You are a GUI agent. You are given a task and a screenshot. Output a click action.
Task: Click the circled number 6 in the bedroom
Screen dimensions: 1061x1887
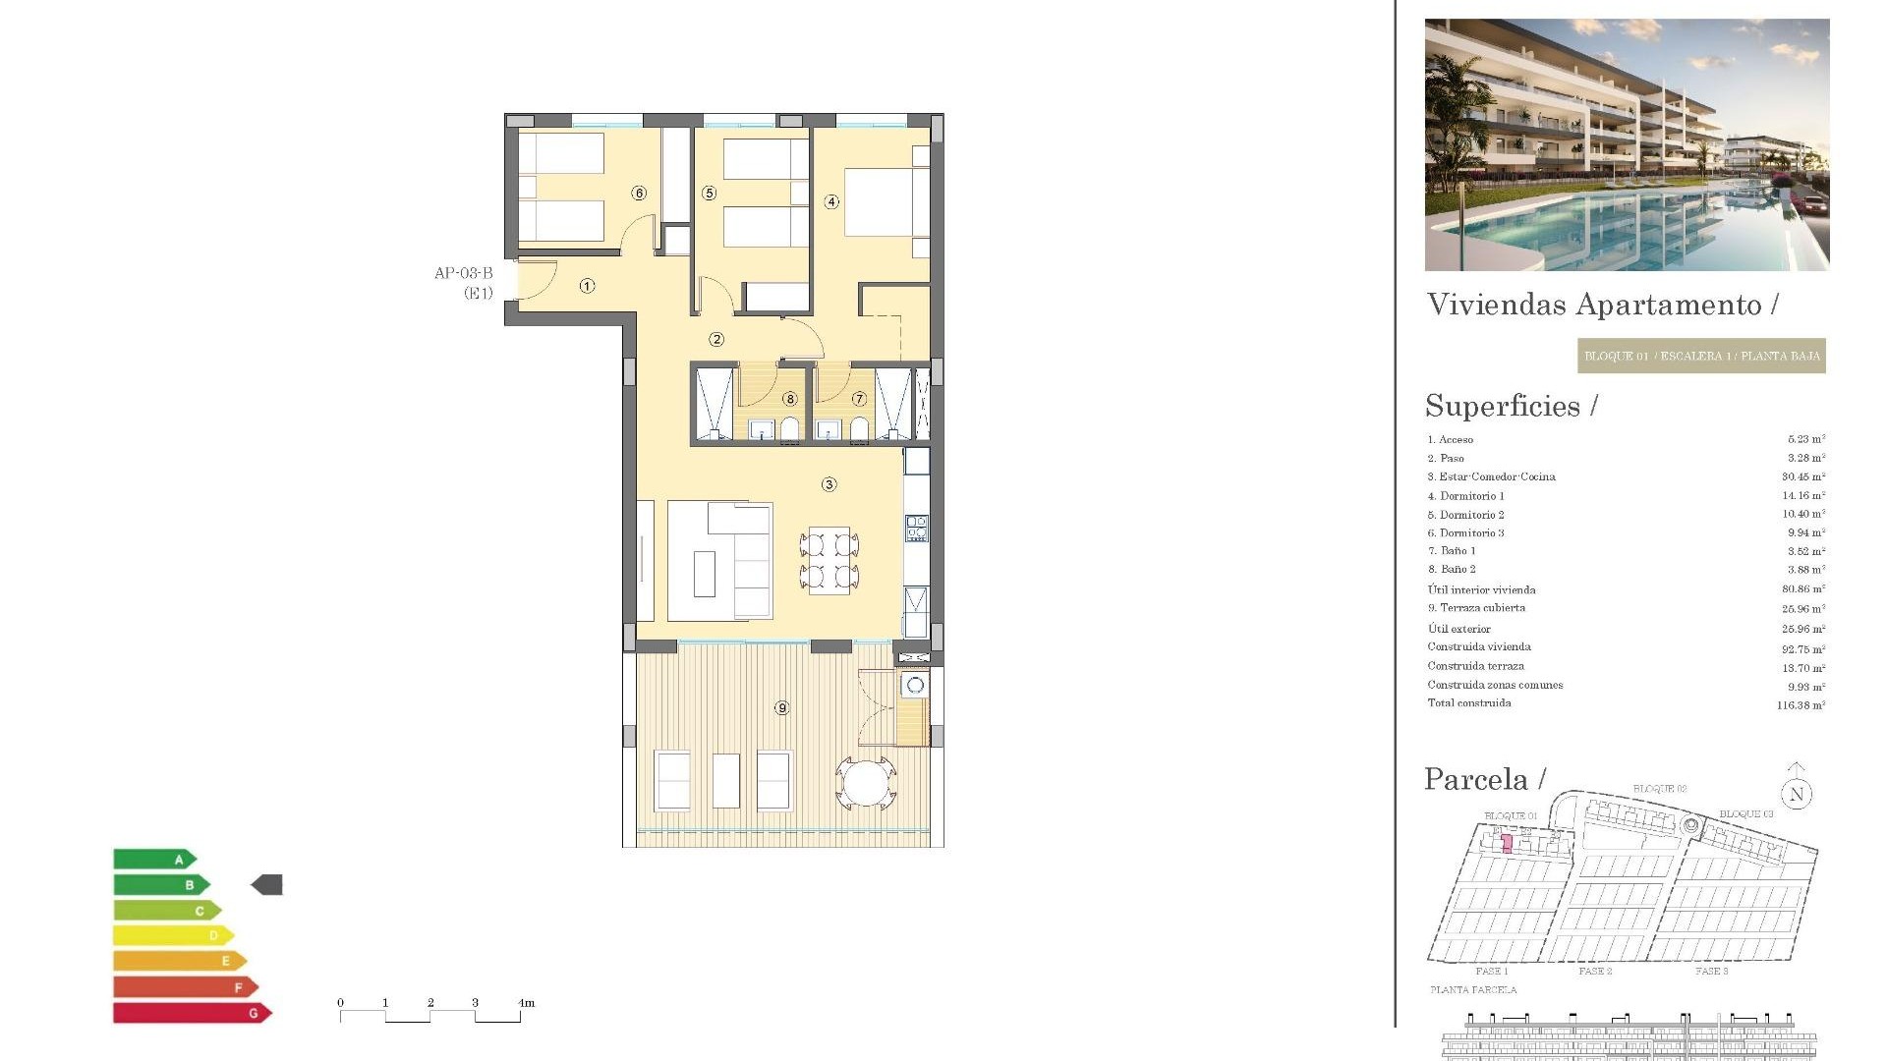(x=639, y=194)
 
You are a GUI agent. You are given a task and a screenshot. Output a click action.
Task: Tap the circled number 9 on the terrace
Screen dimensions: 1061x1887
(x=781, y=707)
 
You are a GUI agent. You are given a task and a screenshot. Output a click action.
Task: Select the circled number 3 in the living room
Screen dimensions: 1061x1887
(x=829, y=484)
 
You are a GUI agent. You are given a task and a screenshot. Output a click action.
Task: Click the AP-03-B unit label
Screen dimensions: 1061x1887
(x=463, y=274)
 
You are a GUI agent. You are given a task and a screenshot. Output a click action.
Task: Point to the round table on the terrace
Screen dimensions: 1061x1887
(x=866, y=783)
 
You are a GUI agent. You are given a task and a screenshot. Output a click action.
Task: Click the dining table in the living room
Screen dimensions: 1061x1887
(x=829, y=561)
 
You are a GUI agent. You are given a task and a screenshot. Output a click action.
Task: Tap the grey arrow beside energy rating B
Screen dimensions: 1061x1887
(x=267, y=885)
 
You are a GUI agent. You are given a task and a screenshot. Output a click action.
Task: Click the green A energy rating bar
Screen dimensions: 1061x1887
(x=155, y=860)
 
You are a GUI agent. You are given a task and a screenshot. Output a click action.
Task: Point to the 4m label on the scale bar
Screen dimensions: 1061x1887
(x=527, y=1003)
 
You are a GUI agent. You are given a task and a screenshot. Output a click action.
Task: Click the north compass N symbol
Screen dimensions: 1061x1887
(x=1797, y=794)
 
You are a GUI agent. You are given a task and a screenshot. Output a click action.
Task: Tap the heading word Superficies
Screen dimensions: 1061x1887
(x=1503, y=406)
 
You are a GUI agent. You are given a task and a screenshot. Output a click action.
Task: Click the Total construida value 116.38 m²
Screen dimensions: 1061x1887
(x=1800, y=705)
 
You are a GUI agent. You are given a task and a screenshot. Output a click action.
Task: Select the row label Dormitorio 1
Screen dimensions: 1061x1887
(x=1471, y=496)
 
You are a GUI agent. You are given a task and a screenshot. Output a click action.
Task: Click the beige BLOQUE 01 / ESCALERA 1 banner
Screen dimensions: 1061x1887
(x=1701, y=356)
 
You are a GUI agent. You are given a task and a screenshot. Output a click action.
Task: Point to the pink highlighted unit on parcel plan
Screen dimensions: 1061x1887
(x=1507, y=843)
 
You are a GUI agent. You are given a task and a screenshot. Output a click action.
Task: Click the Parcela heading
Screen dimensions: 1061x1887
(x=1476, y=780)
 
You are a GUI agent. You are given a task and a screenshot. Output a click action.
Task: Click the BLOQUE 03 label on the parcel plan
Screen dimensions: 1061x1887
(x=1745, y=814)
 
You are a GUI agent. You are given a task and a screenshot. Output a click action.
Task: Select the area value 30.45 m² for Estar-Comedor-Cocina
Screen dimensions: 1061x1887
(x=1802, y=477)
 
